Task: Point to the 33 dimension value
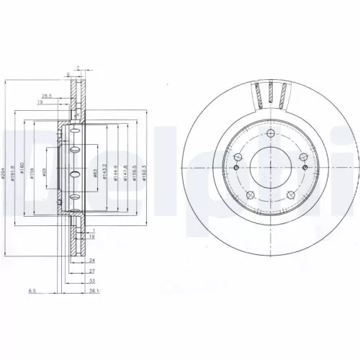pos(92,282)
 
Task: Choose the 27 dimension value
pos(92,271)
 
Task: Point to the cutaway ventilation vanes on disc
pos(271,94)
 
